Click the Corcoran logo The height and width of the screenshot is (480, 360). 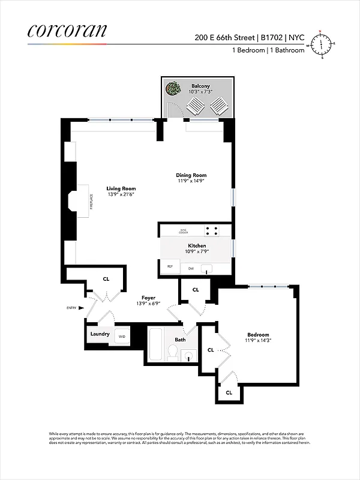(x=67, y=31)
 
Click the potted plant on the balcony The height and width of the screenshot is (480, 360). (x=174, y=89)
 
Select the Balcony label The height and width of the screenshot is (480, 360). (x=200, y=86)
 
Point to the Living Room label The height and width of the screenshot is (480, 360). (x=121, y=188)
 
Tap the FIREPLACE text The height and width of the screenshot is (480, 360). (x=91, y=199)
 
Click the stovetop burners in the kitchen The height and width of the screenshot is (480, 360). (x=211, y=230)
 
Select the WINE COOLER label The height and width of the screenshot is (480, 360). (x=184, y=231)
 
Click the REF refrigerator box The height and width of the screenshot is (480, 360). (x=170, y=266)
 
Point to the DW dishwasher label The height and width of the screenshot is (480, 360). (x=191, y=268)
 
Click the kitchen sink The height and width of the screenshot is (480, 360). (x=207, y=268)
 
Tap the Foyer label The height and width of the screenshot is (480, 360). (x=148, y=298)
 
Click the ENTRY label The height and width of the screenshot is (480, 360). (x=72, y=308)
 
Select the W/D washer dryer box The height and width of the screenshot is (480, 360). (x=122, y=336)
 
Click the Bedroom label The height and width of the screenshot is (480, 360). (x=258, y=335)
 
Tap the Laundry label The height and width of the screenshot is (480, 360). (x=100, y=334)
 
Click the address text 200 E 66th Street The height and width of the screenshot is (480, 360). (x=224, y=37)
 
